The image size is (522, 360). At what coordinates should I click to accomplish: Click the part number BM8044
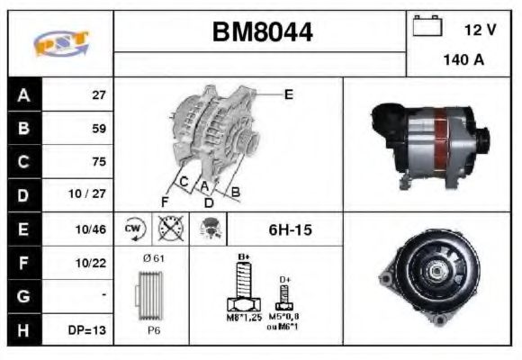tap(262, 32)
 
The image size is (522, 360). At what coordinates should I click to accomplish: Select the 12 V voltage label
tap(480, 29)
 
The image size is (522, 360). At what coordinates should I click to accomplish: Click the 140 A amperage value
tap(464, 61)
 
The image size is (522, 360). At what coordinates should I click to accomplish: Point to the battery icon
tap(427, 26)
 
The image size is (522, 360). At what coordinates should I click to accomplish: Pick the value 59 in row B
tap(99, 129)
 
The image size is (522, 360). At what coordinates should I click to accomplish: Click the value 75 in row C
tap(99, 162)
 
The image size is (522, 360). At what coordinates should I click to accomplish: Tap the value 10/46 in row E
tap(94, 229)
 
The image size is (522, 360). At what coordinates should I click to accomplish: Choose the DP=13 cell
tap(88, 330)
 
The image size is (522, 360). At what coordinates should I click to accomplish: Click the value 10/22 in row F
tap(94, 263)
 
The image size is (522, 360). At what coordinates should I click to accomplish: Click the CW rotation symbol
tap(134, 229)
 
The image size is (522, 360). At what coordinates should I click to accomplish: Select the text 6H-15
tap(290, 230)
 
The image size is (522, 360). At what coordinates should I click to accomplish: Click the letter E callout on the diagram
tap(288, 94)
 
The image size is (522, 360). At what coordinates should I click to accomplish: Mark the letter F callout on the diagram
tap(164, 200)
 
